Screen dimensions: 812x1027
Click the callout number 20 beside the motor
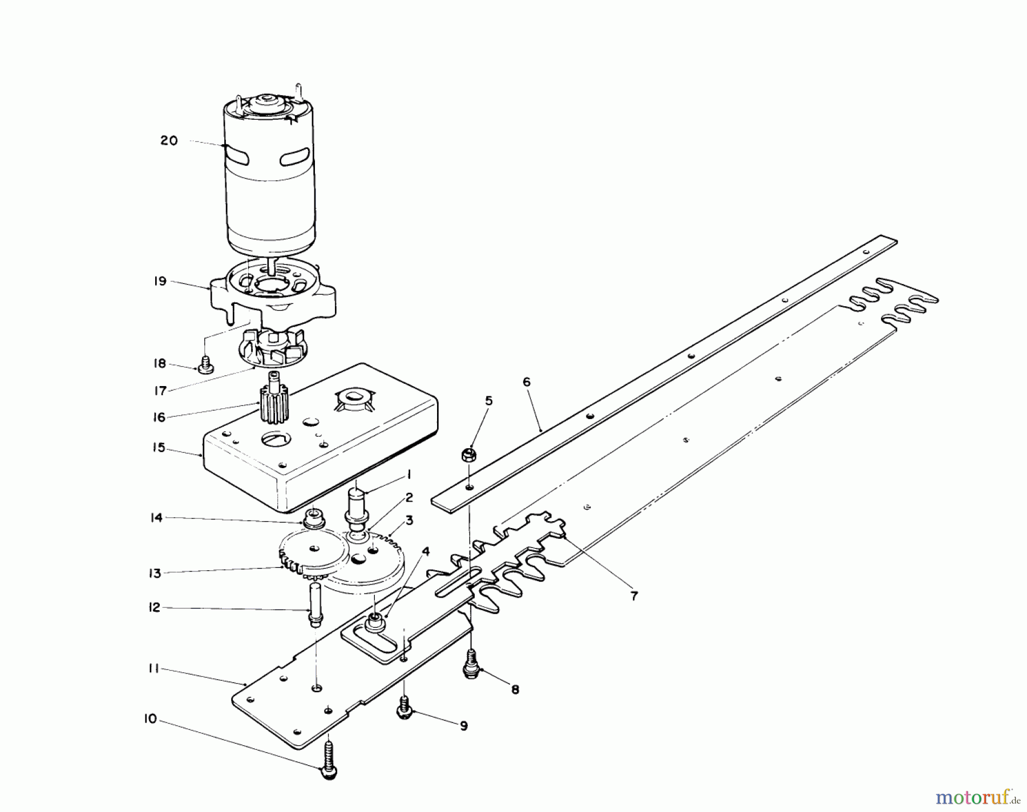point(169,140)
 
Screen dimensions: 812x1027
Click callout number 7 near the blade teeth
point(634,596)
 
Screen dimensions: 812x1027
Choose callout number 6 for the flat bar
point(526,381)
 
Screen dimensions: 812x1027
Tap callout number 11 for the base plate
point(153,668)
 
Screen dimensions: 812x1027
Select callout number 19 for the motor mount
point(160,281)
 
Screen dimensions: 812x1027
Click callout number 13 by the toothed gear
point(155,573)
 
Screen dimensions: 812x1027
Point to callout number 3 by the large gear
point(426,520)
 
